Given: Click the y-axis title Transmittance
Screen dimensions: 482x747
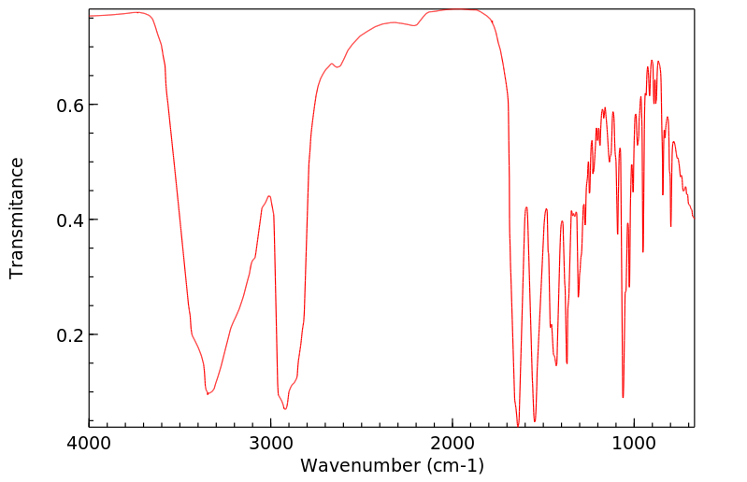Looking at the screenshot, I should coord(17,218).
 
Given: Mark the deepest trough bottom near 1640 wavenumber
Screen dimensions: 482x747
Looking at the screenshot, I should coord(518,426).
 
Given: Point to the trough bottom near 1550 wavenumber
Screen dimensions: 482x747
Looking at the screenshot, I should coord(535,421).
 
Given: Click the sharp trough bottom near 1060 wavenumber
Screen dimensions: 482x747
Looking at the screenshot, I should coord(623,397).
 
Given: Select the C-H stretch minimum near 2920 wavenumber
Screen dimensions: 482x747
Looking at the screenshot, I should coord(285,408).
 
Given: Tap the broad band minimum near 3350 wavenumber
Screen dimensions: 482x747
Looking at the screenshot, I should coord(208,394).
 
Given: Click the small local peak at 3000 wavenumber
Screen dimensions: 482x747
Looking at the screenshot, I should coord(269,196).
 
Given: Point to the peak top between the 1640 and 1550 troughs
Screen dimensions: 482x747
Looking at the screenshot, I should coord(526,207).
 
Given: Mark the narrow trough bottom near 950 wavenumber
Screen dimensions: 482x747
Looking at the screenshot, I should coord(643,251).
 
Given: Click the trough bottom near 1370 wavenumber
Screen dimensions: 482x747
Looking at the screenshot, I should coord(567,363).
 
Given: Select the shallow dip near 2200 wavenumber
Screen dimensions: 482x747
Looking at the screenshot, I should coord(414,26).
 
